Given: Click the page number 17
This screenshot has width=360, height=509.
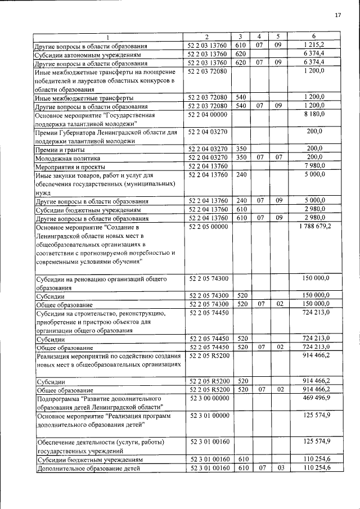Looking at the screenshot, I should pos(338,15).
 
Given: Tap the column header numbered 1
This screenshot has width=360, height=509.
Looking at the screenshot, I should pos(109,37).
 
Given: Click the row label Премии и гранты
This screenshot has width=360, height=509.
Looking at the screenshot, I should pos(60,150).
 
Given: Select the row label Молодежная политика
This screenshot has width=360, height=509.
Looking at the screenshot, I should pos(70,158).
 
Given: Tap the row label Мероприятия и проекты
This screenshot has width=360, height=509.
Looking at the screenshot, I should pos(70,166).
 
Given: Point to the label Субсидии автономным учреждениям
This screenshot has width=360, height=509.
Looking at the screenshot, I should pos(92,54).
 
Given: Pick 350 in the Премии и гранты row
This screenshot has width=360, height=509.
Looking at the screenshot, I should pos(242,149).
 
